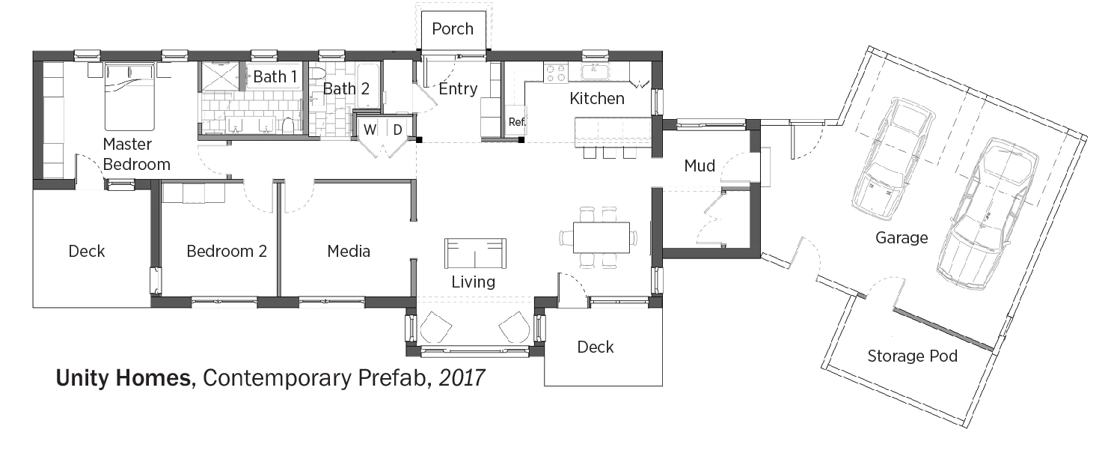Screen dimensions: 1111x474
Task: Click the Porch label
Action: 453,28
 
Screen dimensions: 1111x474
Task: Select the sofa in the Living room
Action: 475,253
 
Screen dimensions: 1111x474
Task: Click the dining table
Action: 601,237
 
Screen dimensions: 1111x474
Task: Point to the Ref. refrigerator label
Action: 516,121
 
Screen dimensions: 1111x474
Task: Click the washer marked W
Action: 370,130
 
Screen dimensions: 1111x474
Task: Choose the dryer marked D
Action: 397,130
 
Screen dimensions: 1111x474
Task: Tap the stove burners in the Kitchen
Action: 556,73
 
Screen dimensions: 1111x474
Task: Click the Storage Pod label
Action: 912,356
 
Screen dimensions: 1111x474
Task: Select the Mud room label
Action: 700,165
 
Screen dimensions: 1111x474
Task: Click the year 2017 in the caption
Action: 462,378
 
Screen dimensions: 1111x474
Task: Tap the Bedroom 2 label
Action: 227,251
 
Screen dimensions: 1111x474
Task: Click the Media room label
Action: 349,251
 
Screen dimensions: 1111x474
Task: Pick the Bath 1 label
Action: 275,76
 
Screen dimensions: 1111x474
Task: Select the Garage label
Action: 902,237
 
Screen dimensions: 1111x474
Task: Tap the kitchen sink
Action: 595,72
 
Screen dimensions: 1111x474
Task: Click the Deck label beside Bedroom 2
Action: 87,251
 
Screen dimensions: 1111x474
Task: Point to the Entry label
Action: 458,89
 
